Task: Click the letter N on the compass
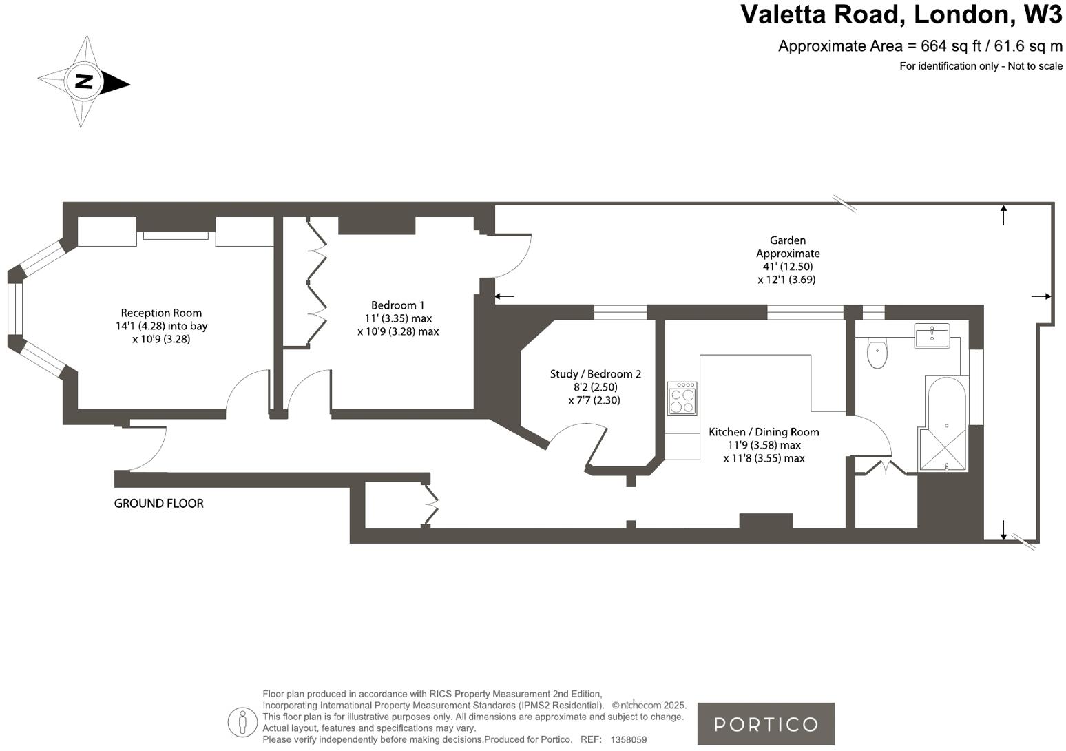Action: click(x=83, y=81)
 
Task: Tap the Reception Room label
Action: click(x=161, y=313)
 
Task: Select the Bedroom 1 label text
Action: click(x=397, y=305)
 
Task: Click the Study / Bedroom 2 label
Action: click(x=595, y=374)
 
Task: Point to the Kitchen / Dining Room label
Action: click(x=764, y=432)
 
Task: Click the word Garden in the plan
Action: click(x=787, y=240)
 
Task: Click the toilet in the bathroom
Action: click(x=877, y=353)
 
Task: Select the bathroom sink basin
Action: click(x=932, y=336)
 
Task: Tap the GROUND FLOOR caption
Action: click(x=158, y=504)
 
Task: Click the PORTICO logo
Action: click(x=766, y=724)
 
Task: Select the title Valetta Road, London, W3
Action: click(x=901, y=14)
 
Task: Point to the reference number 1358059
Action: click(x=628, y=739)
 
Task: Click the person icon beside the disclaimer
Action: click(x=242, y=722)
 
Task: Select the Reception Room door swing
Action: click(x=247, y=392)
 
